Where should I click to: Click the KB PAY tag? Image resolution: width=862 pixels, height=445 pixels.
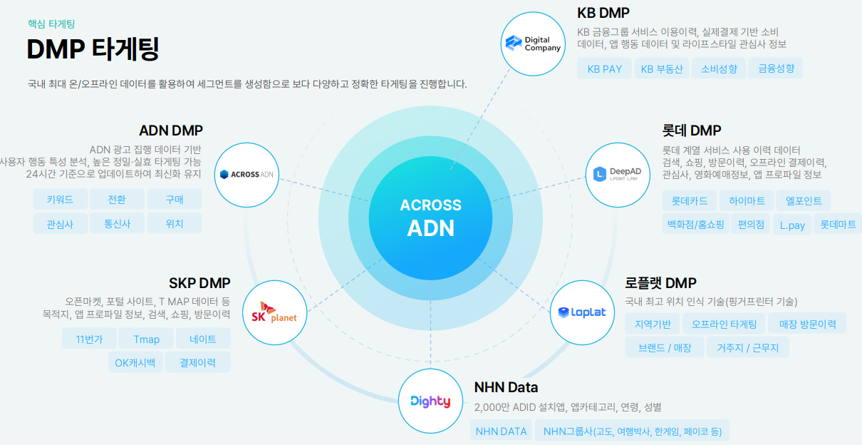pos(604,69)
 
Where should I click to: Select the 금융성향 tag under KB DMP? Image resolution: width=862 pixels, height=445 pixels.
pos(776,69)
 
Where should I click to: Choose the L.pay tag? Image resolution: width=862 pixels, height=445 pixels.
pos(791,225)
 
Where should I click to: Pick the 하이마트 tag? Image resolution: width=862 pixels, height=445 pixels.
pos(742,201)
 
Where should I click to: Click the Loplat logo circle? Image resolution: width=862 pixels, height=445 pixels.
pos(582,312)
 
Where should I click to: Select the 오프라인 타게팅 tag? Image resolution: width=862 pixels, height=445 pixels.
pos(724,324)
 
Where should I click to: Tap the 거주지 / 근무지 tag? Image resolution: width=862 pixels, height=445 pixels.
pos(747,348)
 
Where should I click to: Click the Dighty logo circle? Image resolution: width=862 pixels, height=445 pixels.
pos(430,401)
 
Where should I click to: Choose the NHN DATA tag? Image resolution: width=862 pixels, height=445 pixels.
pos(501,431)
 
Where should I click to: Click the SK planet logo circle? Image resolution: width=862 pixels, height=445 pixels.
pos(274,312)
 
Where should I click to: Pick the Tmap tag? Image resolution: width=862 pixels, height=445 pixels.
pos(146,339)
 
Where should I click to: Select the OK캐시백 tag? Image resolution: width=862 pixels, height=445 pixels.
pos(135,362)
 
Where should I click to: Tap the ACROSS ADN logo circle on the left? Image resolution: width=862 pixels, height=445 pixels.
pos(246,174)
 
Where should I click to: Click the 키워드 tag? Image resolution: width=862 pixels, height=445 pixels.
pos(60,200)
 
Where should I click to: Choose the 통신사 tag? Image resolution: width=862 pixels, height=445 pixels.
pos(117,223)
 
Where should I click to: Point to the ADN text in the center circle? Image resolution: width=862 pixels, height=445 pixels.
pos(430,228)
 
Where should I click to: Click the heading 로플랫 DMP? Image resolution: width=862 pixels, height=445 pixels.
pos(660,283)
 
